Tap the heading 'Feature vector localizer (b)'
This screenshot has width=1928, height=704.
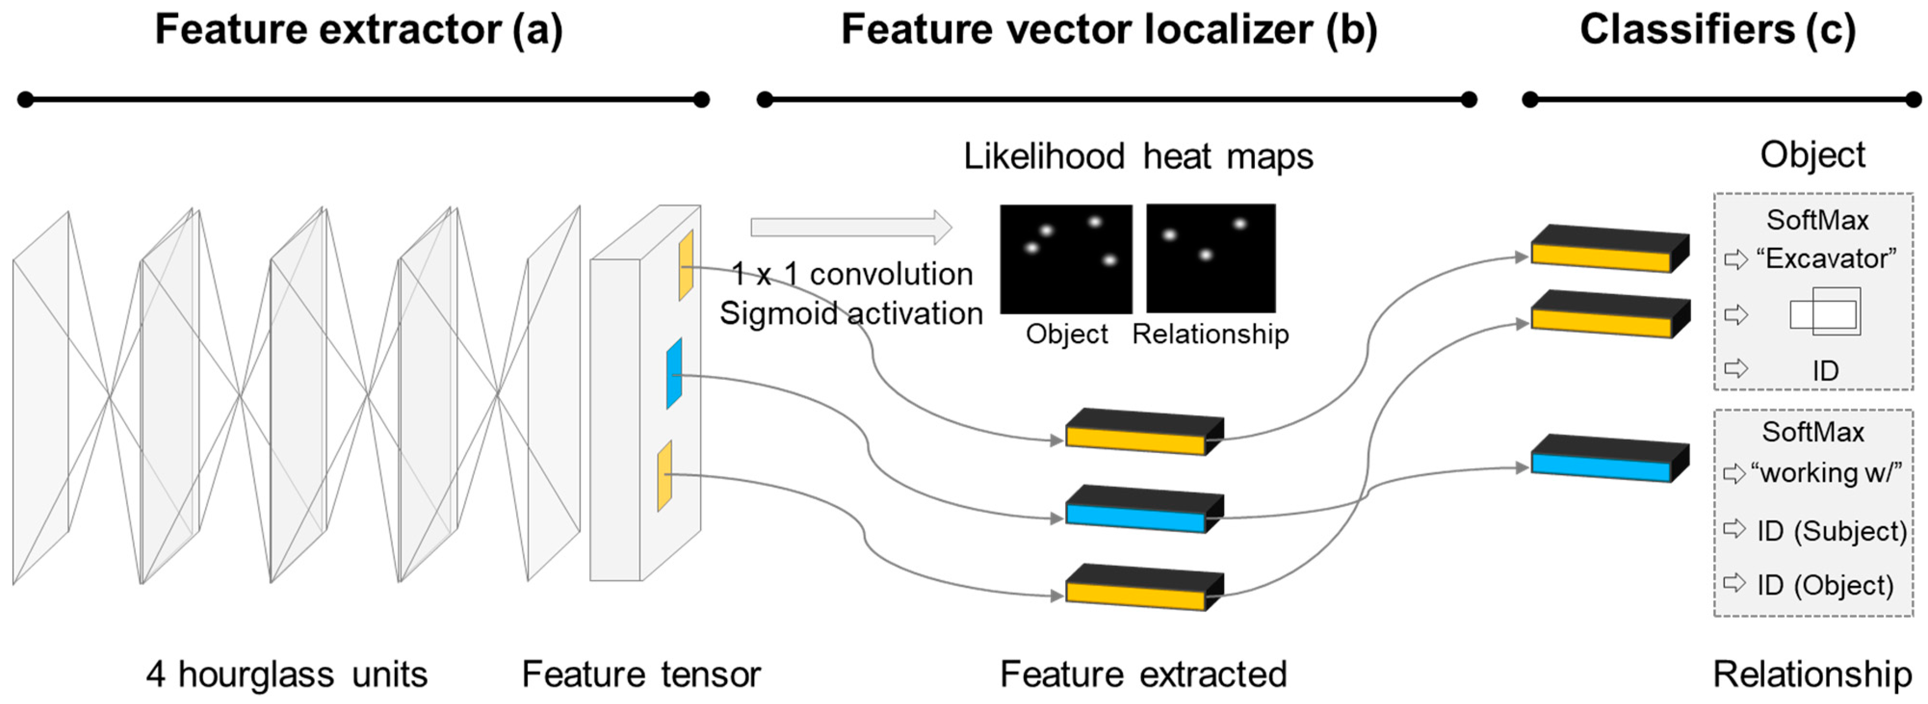(1108, 30)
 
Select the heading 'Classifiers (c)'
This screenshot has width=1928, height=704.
(1718, 30)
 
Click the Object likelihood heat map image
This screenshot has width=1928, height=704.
(1066, 259)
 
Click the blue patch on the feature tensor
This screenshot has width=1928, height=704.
(674, 373)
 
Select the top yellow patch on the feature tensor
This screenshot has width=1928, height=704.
(686, 265)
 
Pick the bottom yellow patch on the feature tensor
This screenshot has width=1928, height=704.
(664, 476)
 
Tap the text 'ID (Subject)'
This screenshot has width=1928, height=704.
(1831, 531)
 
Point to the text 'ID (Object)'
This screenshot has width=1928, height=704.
(1825, 585)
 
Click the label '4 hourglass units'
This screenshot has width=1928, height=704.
(287, 674)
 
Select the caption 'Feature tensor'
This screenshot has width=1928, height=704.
(641, 674)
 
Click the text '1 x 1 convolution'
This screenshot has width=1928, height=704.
(852, 274)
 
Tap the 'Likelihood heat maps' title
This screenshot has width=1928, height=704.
(1138, 156)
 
